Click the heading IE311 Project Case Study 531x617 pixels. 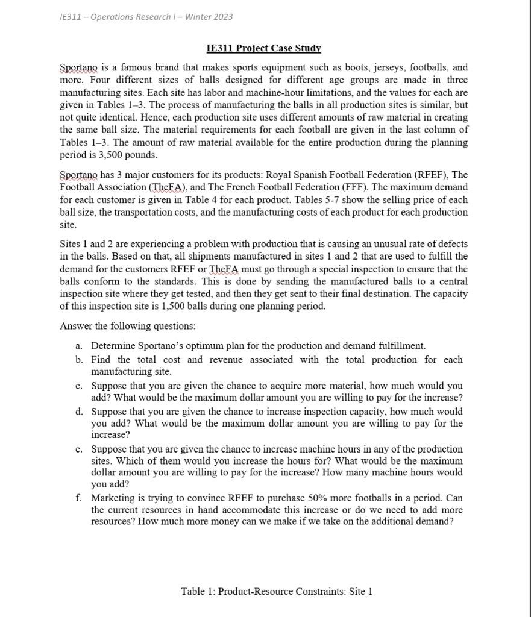point(263,48)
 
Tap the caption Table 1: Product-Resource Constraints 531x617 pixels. point(277,591)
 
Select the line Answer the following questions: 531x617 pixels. point(128,326)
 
